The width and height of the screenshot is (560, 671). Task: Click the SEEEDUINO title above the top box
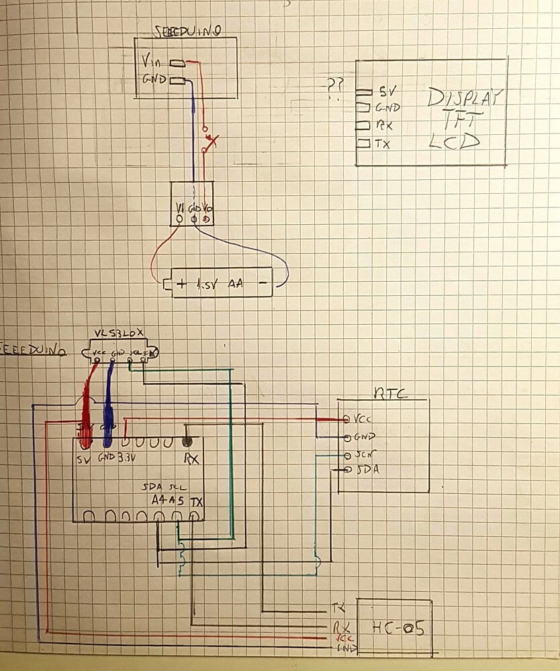pyautogui.click(x=188, y=30)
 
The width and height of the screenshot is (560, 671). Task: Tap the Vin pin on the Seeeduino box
pyautogui.click(x=151, y=62)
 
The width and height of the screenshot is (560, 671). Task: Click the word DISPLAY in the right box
pyautogui.click(x=465, y=99)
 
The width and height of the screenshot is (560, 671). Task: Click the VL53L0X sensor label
pyautogui.click(x=119, y=333)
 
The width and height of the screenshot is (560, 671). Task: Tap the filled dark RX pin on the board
pyautogui.click(x=187, y=442)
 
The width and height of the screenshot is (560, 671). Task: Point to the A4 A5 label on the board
pyautogui.click(x=167, y=501)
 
